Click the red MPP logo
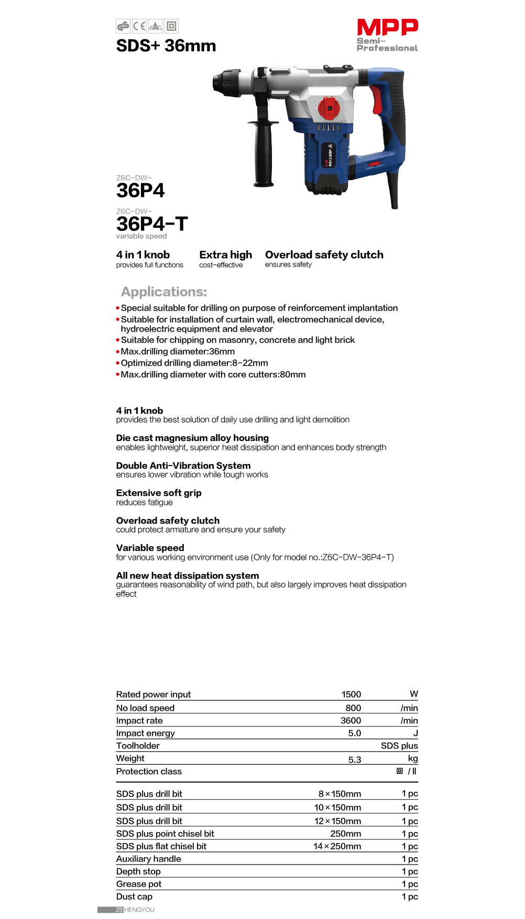387,27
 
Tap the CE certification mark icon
139,26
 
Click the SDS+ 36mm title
166,46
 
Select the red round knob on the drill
329,108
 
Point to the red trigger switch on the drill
376,99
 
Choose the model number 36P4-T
151,224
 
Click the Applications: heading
164,292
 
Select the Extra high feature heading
225,255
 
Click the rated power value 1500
351,694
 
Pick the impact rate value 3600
351,721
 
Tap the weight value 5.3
355,759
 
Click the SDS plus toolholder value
399,746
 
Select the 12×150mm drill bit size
337,821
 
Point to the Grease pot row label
139,884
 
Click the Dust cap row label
134,896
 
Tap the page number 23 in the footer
119,910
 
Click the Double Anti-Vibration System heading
183,466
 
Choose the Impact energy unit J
415,733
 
